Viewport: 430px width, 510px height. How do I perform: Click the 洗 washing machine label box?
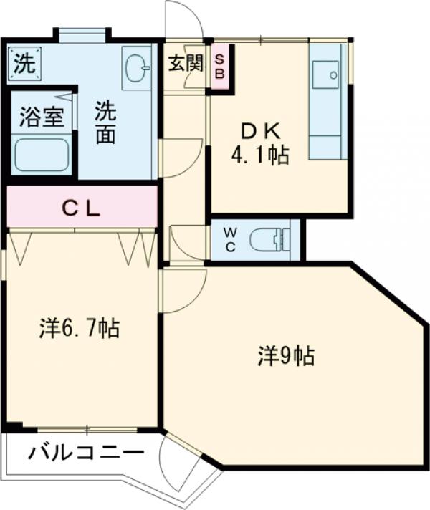23,63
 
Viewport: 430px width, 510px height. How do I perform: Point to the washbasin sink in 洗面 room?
135,68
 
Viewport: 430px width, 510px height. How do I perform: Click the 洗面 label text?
105,123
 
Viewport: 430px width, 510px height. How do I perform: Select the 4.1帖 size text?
259,155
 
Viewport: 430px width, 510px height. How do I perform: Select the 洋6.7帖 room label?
79,328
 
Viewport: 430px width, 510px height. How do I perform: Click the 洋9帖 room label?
286,355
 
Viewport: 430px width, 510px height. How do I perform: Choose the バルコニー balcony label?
87,453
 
